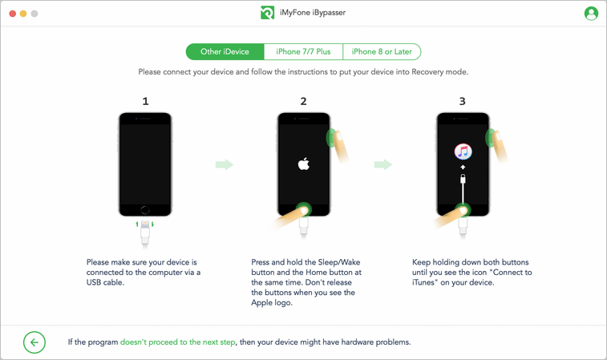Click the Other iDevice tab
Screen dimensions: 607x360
225,52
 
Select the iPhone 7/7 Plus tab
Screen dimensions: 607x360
303,52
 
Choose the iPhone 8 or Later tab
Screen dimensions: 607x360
382,52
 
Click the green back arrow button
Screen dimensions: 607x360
34,342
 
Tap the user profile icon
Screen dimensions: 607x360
591,14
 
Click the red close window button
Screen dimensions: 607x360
12,14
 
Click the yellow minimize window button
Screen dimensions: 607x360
23,14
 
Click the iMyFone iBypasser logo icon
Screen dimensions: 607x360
267,13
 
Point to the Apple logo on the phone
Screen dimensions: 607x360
303,164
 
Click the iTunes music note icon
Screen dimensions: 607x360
463,152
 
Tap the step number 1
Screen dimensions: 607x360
146,101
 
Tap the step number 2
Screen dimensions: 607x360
303,101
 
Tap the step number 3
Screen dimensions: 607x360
462,101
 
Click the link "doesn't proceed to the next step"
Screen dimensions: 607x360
178,342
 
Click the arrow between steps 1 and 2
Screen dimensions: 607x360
225,164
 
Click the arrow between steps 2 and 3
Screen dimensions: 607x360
383,164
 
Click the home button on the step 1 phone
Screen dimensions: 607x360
145,210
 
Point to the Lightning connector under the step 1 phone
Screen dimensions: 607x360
145,224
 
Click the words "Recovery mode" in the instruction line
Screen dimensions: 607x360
439,72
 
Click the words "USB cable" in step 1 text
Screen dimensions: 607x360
104,282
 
